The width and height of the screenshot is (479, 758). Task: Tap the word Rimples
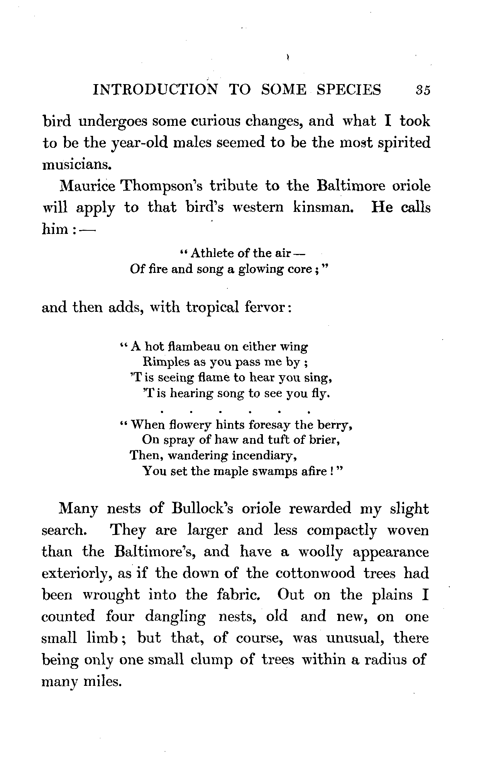[x=165, y=362]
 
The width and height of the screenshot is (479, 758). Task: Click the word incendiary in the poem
[x=263, y=455]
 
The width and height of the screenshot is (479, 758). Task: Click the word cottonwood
[x=315, y=573]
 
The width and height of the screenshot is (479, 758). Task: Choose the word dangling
[x=175, y=617]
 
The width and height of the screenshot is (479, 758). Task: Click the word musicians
[x=76, y=165]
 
